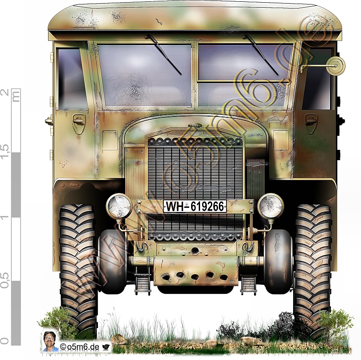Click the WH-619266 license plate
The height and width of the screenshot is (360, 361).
tap(195, 206)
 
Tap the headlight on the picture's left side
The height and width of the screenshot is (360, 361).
tap(119, 206)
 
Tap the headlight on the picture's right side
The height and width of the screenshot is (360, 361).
tap(271, 206)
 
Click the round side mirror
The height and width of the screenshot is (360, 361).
tap(336, 65)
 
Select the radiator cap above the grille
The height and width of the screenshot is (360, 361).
tap(195, 126)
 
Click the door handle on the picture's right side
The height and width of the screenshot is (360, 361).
tap(311, 120)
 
